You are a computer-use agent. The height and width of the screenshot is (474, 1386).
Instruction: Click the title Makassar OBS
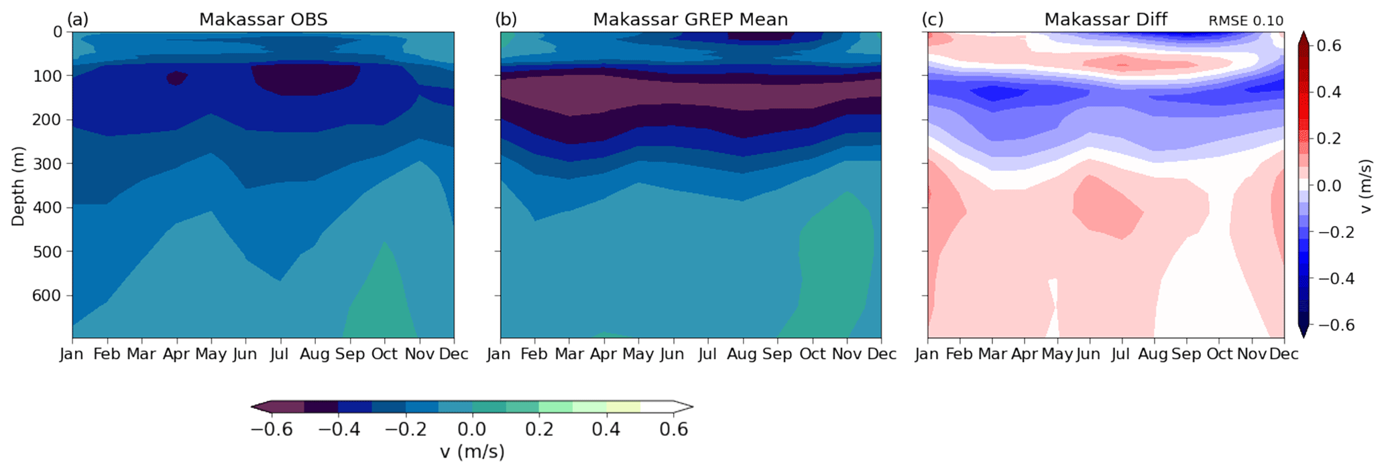263,19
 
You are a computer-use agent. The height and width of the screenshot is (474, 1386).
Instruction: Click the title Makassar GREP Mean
690,19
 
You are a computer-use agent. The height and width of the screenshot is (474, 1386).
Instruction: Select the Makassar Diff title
1106,19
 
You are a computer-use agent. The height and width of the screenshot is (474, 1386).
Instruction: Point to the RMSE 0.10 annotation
1245,21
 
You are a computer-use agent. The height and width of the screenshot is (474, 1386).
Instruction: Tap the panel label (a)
78,19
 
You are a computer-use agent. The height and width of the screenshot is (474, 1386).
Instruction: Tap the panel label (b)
506,19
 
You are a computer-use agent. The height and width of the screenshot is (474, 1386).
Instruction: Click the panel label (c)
932,19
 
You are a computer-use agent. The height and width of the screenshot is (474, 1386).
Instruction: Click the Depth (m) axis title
18,186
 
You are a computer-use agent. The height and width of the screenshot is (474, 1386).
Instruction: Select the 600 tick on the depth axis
46,296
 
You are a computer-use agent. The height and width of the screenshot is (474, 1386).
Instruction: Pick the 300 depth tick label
46,164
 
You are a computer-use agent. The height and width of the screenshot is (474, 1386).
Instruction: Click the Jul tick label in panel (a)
280,353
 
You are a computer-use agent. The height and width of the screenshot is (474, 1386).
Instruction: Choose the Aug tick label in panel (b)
742,353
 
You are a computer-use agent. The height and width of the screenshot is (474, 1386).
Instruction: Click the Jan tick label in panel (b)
499,353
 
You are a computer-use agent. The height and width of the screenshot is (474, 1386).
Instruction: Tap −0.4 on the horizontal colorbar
339,430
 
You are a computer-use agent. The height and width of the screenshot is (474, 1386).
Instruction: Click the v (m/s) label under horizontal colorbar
472,452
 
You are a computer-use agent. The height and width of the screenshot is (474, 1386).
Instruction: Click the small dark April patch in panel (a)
176,78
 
